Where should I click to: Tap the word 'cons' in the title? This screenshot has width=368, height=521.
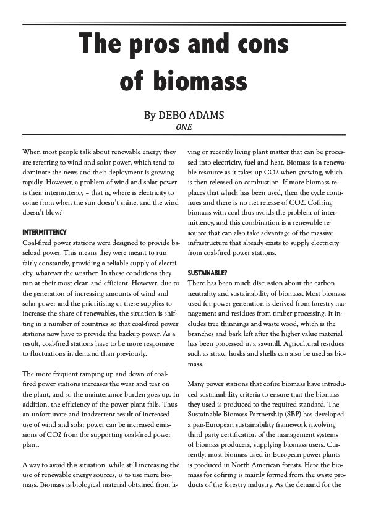click(260, 46)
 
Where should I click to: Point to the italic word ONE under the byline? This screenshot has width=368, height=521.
click(184, 128)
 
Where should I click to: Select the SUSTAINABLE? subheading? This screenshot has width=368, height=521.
click(207, 273)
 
